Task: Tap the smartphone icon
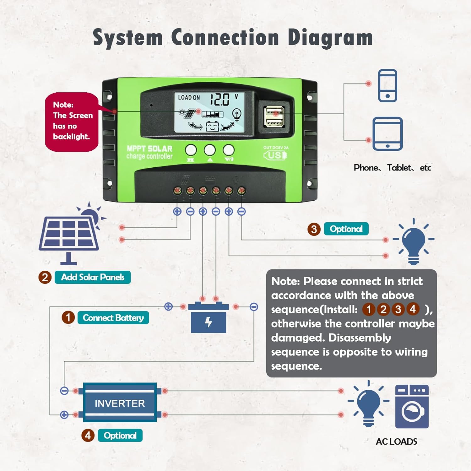coord(387,86)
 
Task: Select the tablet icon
coord(387,134)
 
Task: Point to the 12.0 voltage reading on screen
coord(220,99)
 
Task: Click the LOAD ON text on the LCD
coord(189,98)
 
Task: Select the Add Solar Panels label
coord(93,277)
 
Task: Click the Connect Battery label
coord(113,318)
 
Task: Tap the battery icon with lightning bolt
coord(208,319)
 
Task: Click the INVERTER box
coord(120,403)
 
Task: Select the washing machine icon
coord(412,407)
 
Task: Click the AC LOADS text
coord(396,441)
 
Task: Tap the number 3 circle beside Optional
coord(314,229)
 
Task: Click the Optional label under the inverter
coord(120,436)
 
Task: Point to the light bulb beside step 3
coord(413,242)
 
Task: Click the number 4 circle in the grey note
coord(413,309)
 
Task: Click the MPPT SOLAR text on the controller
coord(149,149)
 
